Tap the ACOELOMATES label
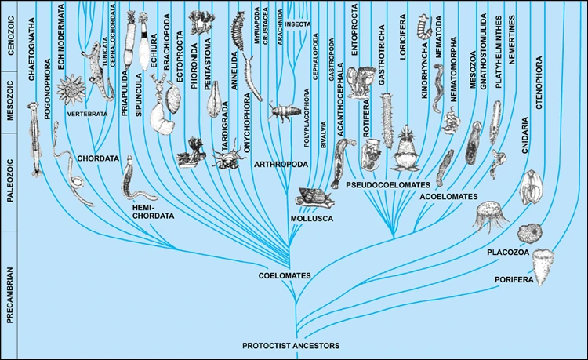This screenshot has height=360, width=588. pos(446,190)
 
